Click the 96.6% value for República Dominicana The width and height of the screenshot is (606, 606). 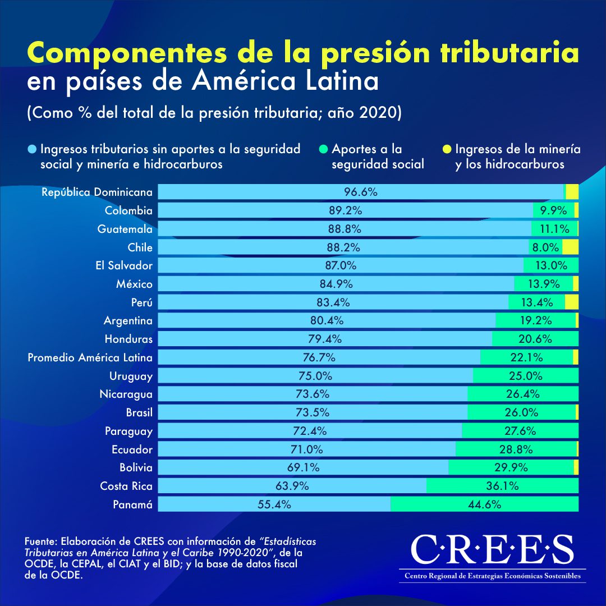click(x=360, y=192)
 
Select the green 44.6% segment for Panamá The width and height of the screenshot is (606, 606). click(x=484, y=504)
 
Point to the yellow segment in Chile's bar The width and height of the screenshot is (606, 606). click(x=570, y=247)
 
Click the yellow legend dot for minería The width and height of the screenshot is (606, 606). click(x=447, y=150)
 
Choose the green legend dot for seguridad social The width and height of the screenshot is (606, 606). click(x=324, y=150)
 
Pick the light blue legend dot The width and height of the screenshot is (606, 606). click(x=32, y=150)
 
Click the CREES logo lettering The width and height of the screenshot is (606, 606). click(x=492, y=550)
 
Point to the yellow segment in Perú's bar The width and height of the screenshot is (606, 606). click(x=571, y=302)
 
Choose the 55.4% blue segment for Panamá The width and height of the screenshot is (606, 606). click(x=274, y=504)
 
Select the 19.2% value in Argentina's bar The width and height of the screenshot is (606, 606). click(x=536, y=320)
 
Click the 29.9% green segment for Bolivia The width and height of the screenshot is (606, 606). click(x=511, y=467)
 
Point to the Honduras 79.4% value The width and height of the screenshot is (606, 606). click(x=324, y=339)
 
